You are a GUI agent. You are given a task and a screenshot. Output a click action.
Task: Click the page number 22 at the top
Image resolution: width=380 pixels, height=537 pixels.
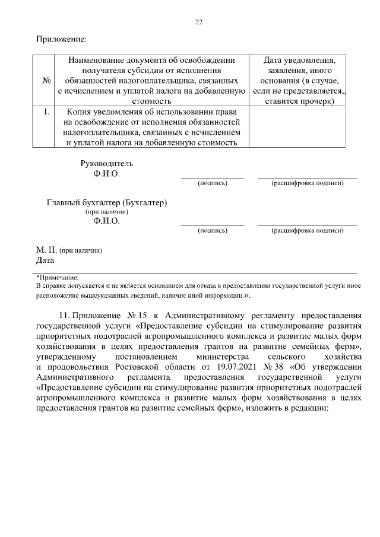coord(199,23)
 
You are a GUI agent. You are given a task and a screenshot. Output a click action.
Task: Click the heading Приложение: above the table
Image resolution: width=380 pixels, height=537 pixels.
coord(62,40)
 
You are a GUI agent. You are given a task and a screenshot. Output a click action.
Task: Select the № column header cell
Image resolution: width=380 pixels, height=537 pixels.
coord(46,81)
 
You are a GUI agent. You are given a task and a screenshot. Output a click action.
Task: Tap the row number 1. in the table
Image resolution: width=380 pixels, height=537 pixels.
coord(46,111)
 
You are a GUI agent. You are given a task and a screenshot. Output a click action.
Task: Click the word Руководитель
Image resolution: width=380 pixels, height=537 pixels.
coord(107,163)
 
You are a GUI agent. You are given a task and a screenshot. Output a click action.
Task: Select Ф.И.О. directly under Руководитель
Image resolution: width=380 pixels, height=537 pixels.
coord(107,174)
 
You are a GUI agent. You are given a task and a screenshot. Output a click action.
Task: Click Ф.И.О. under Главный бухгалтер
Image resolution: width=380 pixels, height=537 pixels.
coord(107,221)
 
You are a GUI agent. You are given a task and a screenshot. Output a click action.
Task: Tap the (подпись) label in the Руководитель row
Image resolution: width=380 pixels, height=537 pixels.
coord(212,183)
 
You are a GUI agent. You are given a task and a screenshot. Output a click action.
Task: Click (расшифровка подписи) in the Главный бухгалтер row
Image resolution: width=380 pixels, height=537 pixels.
coord(307,230)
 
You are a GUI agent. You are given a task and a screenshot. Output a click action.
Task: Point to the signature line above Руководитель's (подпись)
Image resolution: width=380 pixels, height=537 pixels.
coord(212,178)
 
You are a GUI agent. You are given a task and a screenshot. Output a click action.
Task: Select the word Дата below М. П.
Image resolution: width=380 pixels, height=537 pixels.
coord(45,260)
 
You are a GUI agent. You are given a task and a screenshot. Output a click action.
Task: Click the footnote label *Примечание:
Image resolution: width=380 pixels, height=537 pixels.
coord(58,277)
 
